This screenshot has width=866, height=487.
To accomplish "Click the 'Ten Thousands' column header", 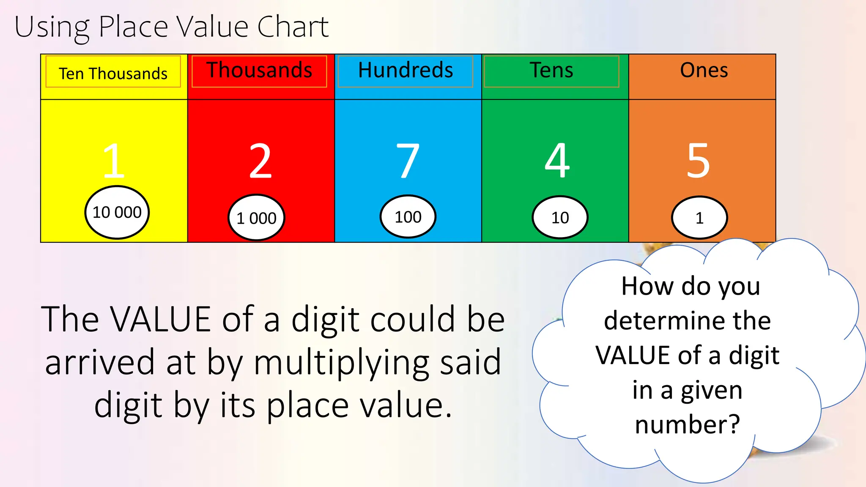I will point(113,74).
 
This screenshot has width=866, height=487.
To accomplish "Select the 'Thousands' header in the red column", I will point(259,70).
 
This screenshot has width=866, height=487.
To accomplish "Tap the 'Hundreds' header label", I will point(406,70).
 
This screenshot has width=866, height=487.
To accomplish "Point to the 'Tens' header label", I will point(551,70).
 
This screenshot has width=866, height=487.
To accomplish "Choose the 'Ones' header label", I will point(704,70).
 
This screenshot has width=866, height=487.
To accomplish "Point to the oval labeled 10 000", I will point(117,212).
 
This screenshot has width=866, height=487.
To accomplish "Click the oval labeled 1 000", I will point(256,218).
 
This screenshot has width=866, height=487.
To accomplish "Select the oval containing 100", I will point(408,217).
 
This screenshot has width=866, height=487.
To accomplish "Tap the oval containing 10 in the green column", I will point(560,218).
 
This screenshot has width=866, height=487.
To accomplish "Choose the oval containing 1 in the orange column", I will point(699,218).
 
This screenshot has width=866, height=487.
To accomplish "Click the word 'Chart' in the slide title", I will point(293,27).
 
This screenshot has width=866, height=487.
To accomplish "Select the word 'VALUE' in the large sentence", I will point(161,319).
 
